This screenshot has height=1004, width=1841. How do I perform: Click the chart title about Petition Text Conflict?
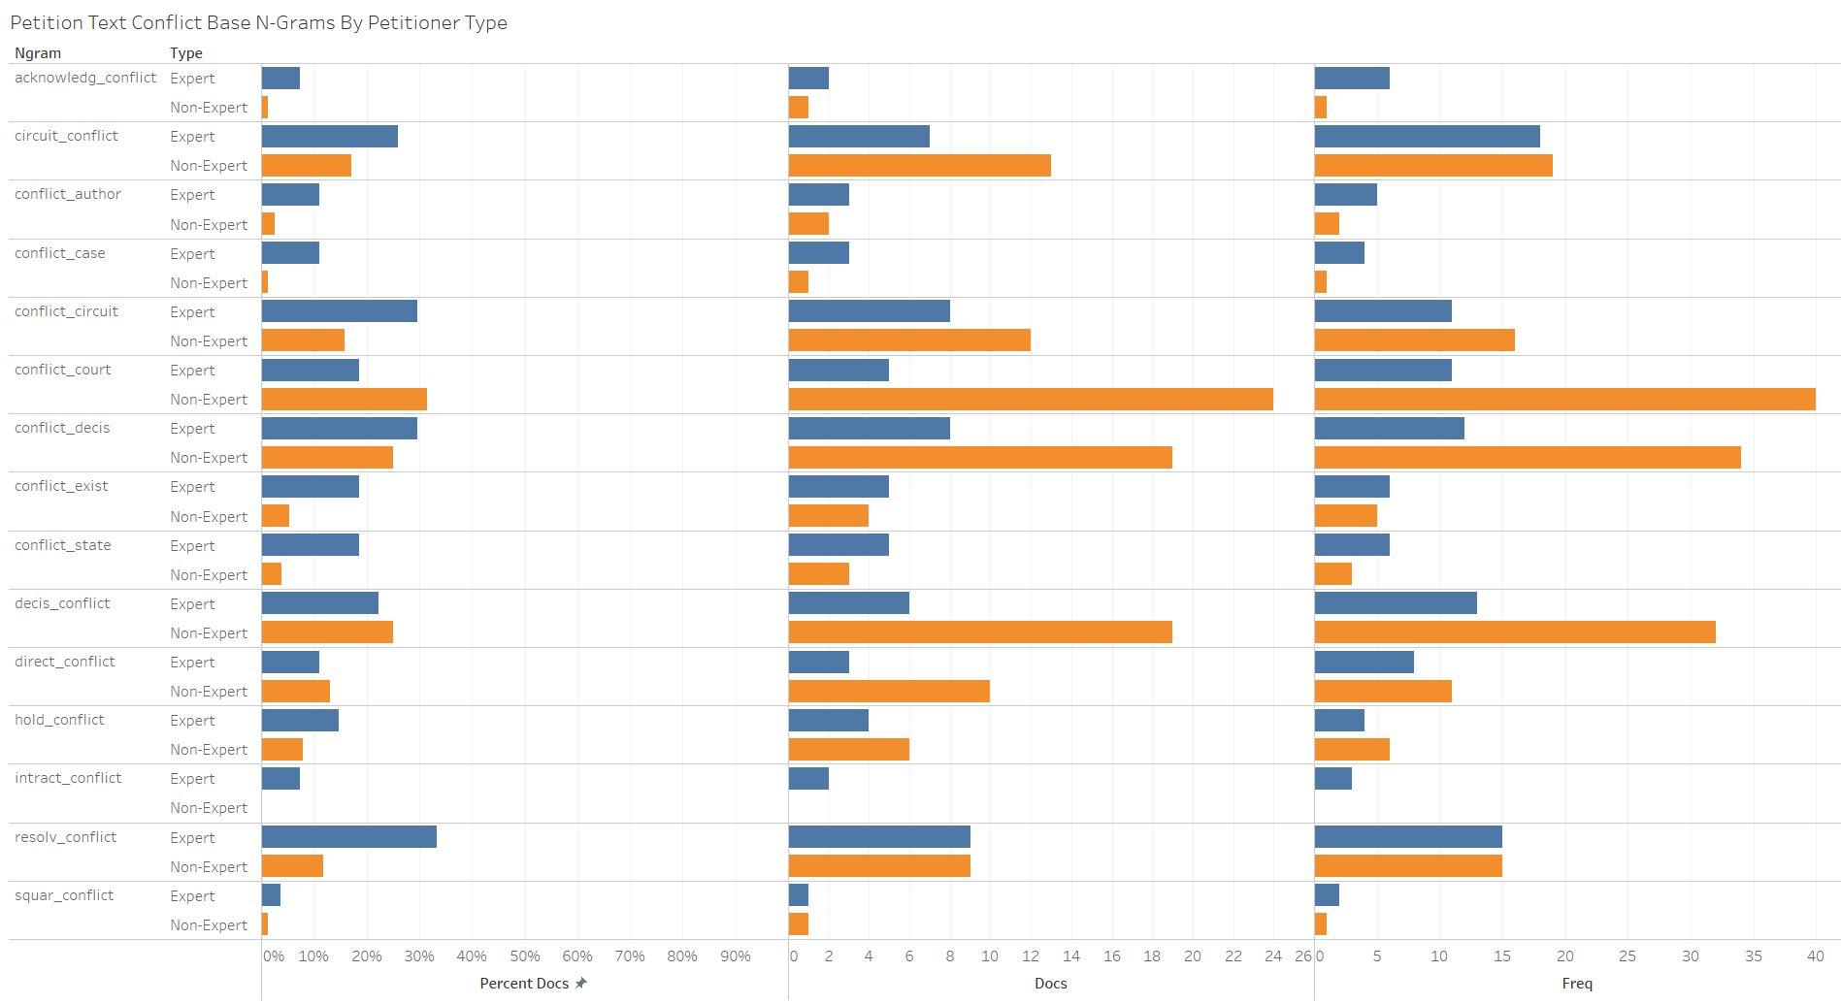(x=258, y=22)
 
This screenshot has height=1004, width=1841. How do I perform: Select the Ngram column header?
(x=38, y=53)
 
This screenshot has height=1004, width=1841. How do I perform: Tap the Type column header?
(x=186, y=53)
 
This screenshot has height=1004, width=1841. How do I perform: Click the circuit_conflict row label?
(x=66, y=136)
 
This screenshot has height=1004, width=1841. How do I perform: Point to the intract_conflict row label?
(x=68, y=778)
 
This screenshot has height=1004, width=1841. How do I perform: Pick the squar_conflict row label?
(x=64, y=895)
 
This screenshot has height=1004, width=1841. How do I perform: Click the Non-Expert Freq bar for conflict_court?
(x=1564, y=399)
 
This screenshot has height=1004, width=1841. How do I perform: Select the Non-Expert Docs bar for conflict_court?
(x=1031, y=399)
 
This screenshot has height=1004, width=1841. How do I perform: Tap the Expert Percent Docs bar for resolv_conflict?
(x=349, y=837)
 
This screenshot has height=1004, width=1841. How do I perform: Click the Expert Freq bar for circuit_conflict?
(x=1427, y=137)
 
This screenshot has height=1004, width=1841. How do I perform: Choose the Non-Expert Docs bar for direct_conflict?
(x=889, y=691)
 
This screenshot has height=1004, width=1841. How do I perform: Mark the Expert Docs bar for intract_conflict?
(x=808, y=778)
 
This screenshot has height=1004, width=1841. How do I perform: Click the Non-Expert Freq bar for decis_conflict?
(x=1515, y=632)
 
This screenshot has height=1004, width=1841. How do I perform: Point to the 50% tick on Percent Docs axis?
(x=525, y=956)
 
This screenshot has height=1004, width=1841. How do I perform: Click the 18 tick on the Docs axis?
(x=1152, y=956)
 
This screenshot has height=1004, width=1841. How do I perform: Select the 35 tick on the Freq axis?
(x=1753, y=956)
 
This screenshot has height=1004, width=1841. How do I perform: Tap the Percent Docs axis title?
(x=524, y=984)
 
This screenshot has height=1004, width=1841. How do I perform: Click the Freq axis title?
(x=1577, y=984)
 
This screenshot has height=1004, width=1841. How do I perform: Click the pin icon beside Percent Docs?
(x=581, y=983)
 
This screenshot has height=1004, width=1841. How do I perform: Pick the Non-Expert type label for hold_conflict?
(x=209, y=750)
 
